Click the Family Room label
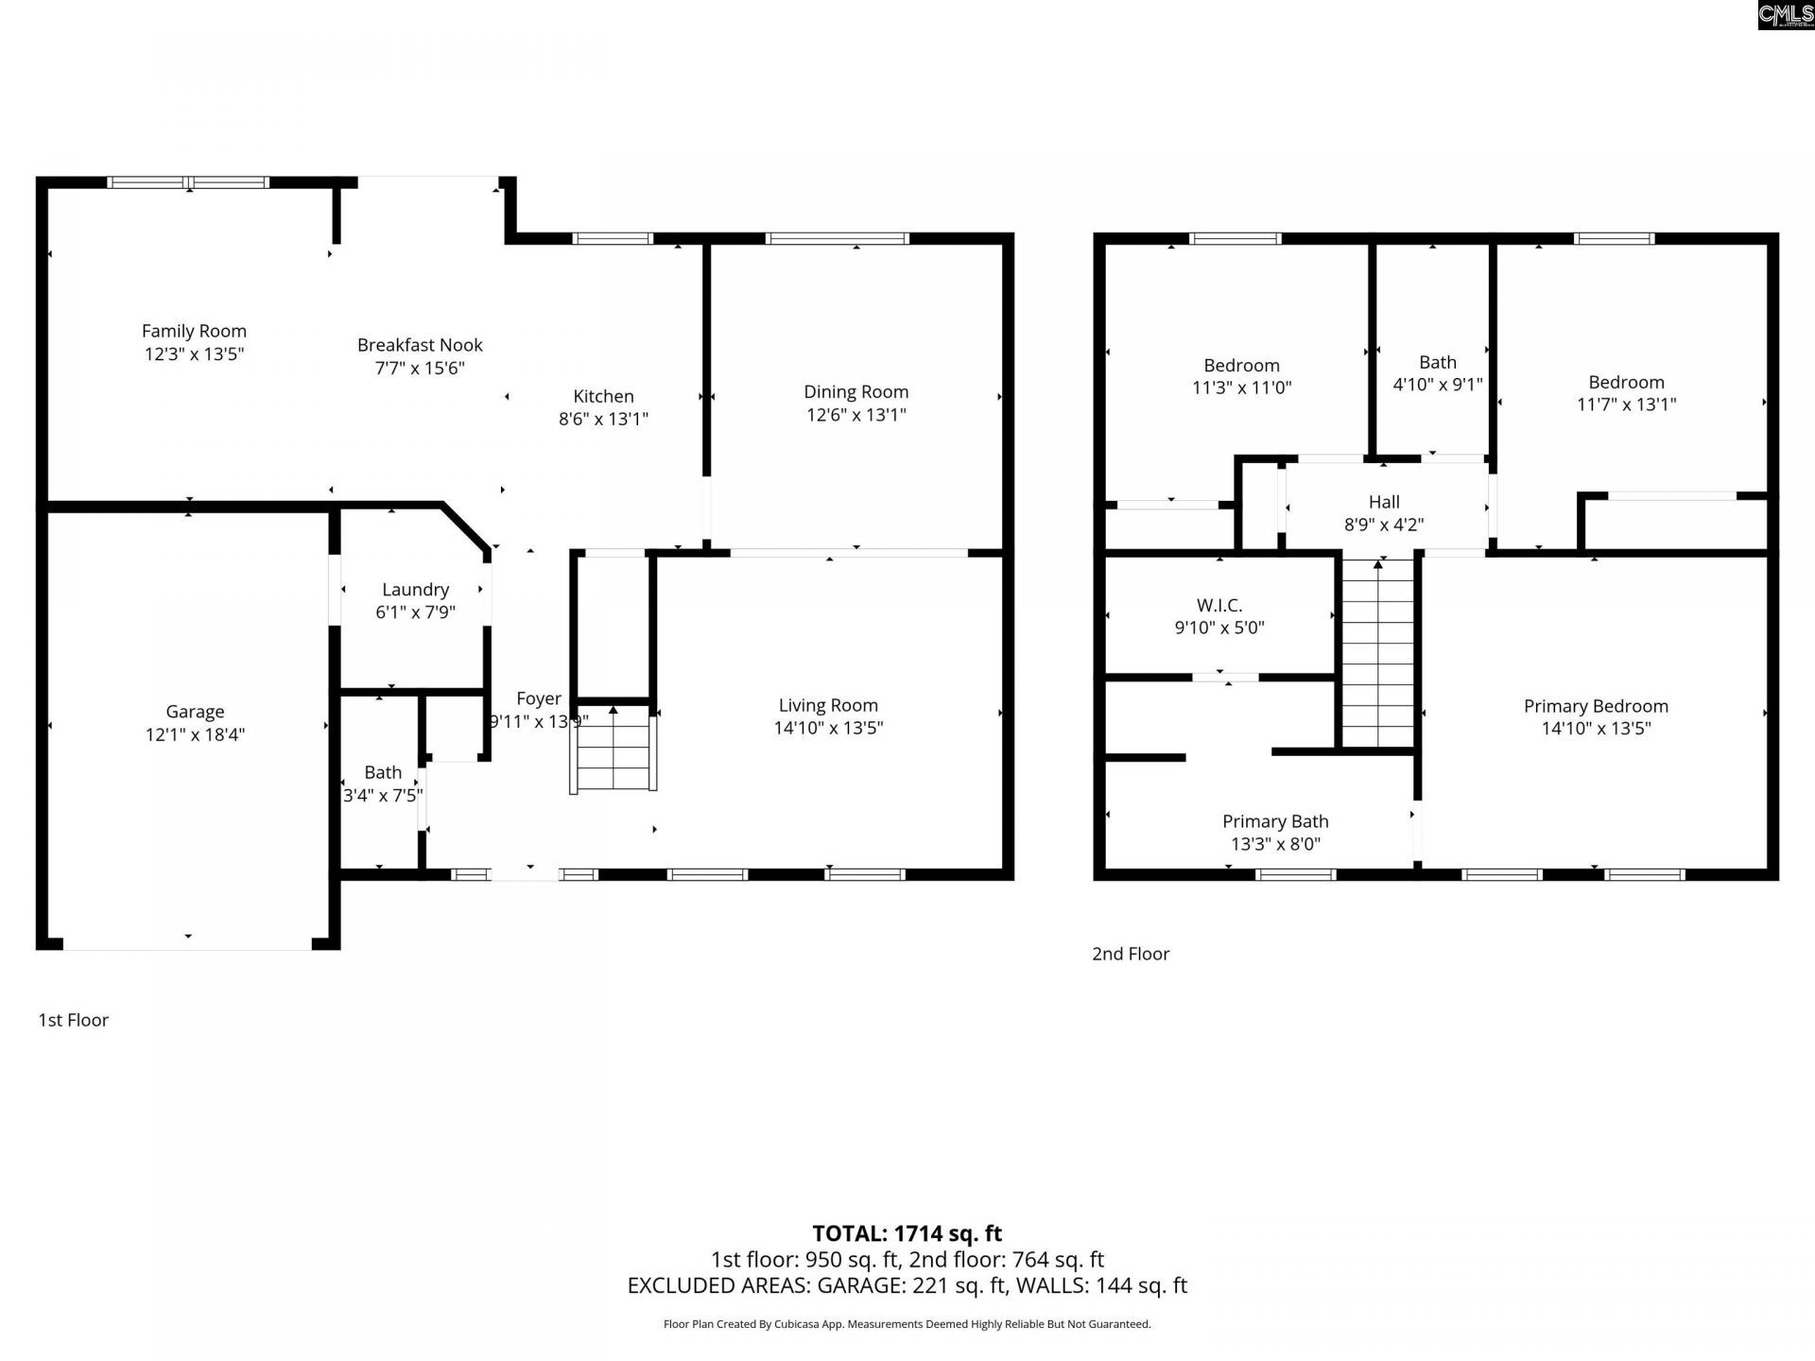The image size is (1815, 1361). [x=194, y=331]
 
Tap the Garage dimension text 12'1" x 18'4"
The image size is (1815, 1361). [x=195, y=734]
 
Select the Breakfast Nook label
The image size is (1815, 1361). [x=420, y=345]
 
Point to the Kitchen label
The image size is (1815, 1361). [x=603, y=396]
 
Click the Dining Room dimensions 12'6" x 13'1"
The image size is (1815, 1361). [x=856, y=414]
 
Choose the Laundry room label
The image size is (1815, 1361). [x=415, y=589]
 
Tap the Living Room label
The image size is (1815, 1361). [x=828, y=705]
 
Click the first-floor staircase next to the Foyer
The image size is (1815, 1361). [x=614, y=751]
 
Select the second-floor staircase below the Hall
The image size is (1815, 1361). [x=1378, y=652]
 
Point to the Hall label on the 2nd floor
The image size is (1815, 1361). [x=1384, y=502]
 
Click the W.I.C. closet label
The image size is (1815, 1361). [x=1219, y=605]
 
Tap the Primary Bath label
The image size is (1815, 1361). [x=1275, y=821]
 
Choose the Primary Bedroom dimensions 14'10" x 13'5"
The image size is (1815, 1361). [x=1596, y=728]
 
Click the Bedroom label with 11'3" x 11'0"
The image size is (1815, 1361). [x=1241, y=365]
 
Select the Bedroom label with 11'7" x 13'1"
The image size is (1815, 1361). [x=1626, y=382]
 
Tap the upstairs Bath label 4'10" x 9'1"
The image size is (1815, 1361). [x=1437, y=362]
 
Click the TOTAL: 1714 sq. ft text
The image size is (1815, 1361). [x=907, y=1233]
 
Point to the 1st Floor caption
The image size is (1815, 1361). [x=73, y=1020]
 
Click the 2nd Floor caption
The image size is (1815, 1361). [x=1131, y=954]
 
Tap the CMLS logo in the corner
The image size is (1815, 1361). [x=1785, y=14]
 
